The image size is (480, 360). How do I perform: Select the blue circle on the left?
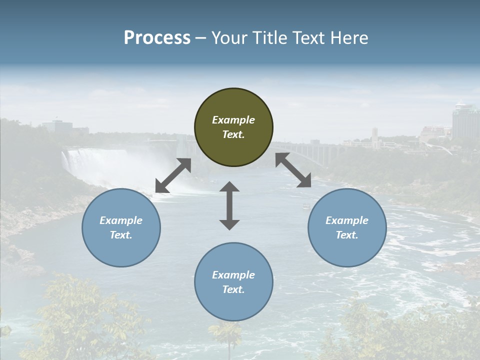121,227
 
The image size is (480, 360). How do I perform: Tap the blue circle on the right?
347,227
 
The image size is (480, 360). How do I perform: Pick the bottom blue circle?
233,281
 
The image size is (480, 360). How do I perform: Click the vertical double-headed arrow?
229,205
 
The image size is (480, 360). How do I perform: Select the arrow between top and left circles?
173,175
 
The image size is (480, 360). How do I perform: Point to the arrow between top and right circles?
293,170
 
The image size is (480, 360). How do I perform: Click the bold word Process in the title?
157,37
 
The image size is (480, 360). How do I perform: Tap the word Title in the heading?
270,37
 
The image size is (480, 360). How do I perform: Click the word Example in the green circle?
233,120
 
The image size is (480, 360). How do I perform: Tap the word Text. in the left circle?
121,235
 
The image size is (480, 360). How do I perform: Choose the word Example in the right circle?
347,220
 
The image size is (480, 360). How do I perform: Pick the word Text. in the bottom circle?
233,289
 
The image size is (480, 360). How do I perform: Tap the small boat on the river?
305,205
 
